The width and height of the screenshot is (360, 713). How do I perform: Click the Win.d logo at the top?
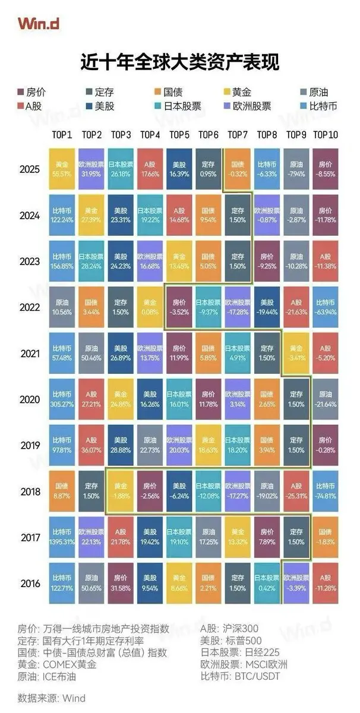(x=37, y=23)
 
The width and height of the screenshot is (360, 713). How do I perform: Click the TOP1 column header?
(x=62, y=135)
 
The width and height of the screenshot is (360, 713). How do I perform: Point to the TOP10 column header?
(x=324, y=135)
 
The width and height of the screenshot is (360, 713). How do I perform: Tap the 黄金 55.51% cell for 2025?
(x=62, y=169)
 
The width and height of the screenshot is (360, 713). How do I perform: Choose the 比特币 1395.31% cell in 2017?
(x=62, y=537)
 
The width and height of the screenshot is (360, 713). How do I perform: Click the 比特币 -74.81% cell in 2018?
(x=324, y=491)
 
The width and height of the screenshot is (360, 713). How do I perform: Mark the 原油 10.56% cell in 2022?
(x=62, y=307)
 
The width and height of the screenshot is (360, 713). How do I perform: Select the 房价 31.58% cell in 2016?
(x=121, y=583)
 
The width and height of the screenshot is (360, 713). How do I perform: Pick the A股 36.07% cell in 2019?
(x=91, y=445)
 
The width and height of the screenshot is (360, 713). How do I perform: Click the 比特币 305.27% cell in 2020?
(x=62, y=399)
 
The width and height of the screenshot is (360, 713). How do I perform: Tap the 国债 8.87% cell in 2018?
(x=62, y=491)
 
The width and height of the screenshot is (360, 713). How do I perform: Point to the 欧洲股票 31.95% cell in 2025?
(x=91, y=169)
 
